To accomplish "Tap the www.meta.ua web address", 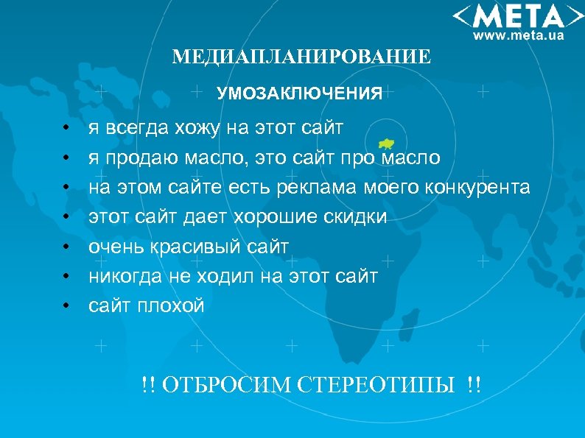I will (518, 35).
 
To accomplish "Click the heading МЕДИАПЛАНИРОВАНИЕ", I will (301, 57).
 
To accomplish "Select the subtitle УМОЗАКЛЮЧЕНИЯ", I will (299, 93).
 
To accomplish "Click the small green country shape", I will (386, 144).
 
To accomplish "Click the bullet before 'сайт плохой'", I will (66, 305).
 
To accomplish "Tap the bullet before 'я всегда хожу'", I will (66, 129).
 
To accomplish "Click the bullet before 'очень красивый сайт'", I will (66, 247).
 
